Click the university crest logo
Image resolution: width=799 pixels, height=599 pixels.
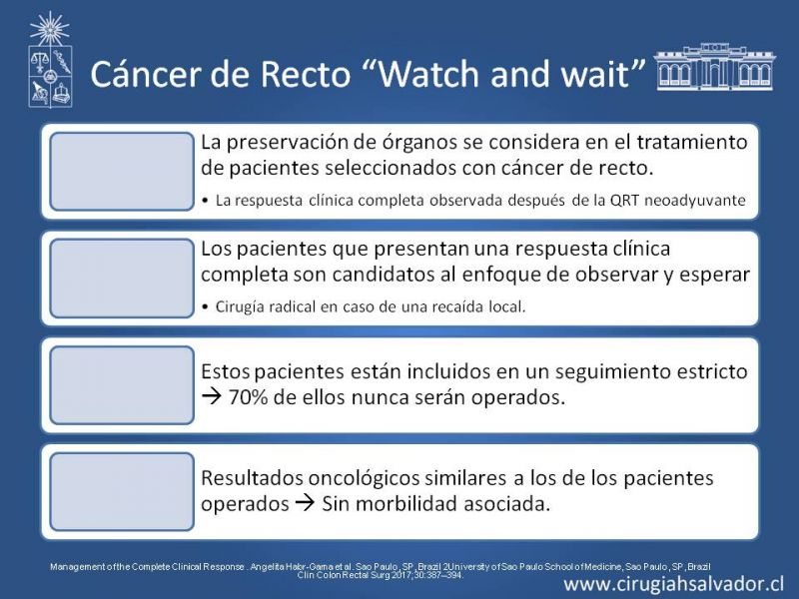click(50, 60)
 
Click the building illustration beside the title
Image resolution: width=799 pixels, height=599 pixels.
click(714, 67)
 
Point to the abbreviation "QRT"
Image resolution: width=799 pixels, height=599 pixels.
click(625, 201)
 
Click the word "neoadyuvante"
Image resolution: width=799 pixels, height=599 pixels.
click(695, 201)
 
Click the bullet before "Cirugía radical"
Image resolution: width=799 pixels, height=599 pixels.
click(205, 307)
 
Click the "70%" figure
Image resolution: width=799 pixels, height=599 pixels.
click(248, 397)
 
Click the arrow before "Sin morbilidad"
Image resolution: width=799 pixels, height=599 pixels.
click(306, 504)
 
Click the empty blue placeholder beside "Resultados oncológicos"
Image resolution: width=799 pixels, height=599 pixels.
click(122, 492)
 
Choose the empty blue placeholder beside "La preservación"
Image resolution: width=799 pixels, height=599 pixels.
click(122, 171)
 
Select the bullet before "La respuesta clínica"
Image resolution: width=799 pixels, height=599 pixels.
click(205, 202)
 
